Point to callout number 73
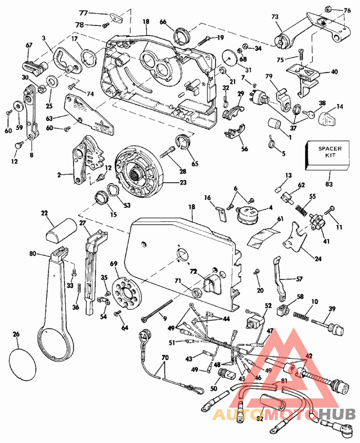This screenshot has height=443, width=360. click(x=275, y=16)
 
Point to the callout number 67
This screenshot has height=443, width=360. click(x=29, y=45)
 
